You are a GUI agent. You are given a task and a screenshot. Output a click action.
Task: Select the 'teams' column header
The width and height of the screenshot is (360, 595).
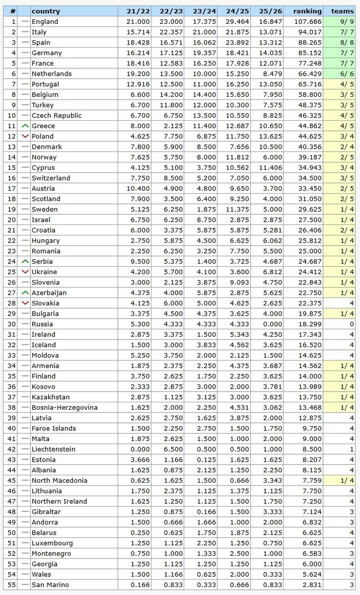(343, 11)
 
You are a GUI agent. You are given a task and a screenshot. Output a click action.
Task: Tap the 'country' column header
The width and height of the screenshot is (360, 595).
(46, 11)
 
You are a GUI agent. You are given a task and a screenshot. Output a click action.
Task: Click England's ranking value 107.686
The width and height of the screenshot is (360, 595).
(310, 22)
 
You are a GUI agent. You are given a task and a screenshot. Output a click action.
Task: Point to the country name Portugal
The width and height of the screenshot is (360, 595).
(46, 84)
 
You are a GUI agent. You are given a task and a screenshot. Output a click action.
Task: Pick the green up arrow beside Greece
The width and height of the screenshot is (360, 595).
(24, 126)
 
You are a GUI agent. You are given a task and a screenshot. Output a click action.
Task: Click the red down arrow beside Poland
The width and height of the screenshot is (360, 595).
(24, 137)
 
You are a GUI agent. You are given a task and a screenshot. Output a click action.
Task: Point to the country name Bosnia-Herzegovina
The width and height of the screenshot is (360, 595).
(65, 408)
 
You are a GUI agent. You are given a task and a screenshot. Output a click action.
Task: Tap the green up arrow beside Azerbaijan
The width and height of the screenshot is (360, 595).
(24, 293)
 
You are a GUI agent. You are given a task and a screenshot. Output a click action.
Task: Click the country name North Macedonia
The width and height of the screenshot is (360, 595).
(59, 481)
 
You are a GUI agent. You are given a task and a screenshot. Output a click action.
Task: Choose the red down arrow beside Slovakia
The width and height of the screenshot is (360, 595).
(24, 303)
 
